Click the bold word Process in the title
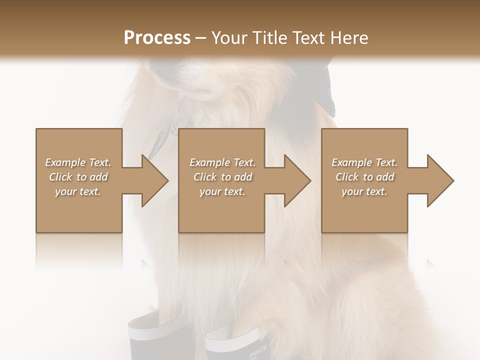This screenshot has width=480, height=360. (157, 38)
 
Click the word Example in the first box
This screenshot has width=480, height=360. (65, 162)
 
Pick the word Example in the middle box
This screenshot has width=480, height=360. (209, 162)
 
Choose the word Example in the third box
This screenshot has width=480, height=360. (351, 162)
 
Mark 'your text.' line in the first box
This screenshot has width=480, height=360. (78, 191)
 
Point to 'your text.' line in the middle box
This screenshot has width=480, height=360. (222, 191)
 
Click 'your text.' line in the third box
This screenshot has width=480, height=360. (364, 191)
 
